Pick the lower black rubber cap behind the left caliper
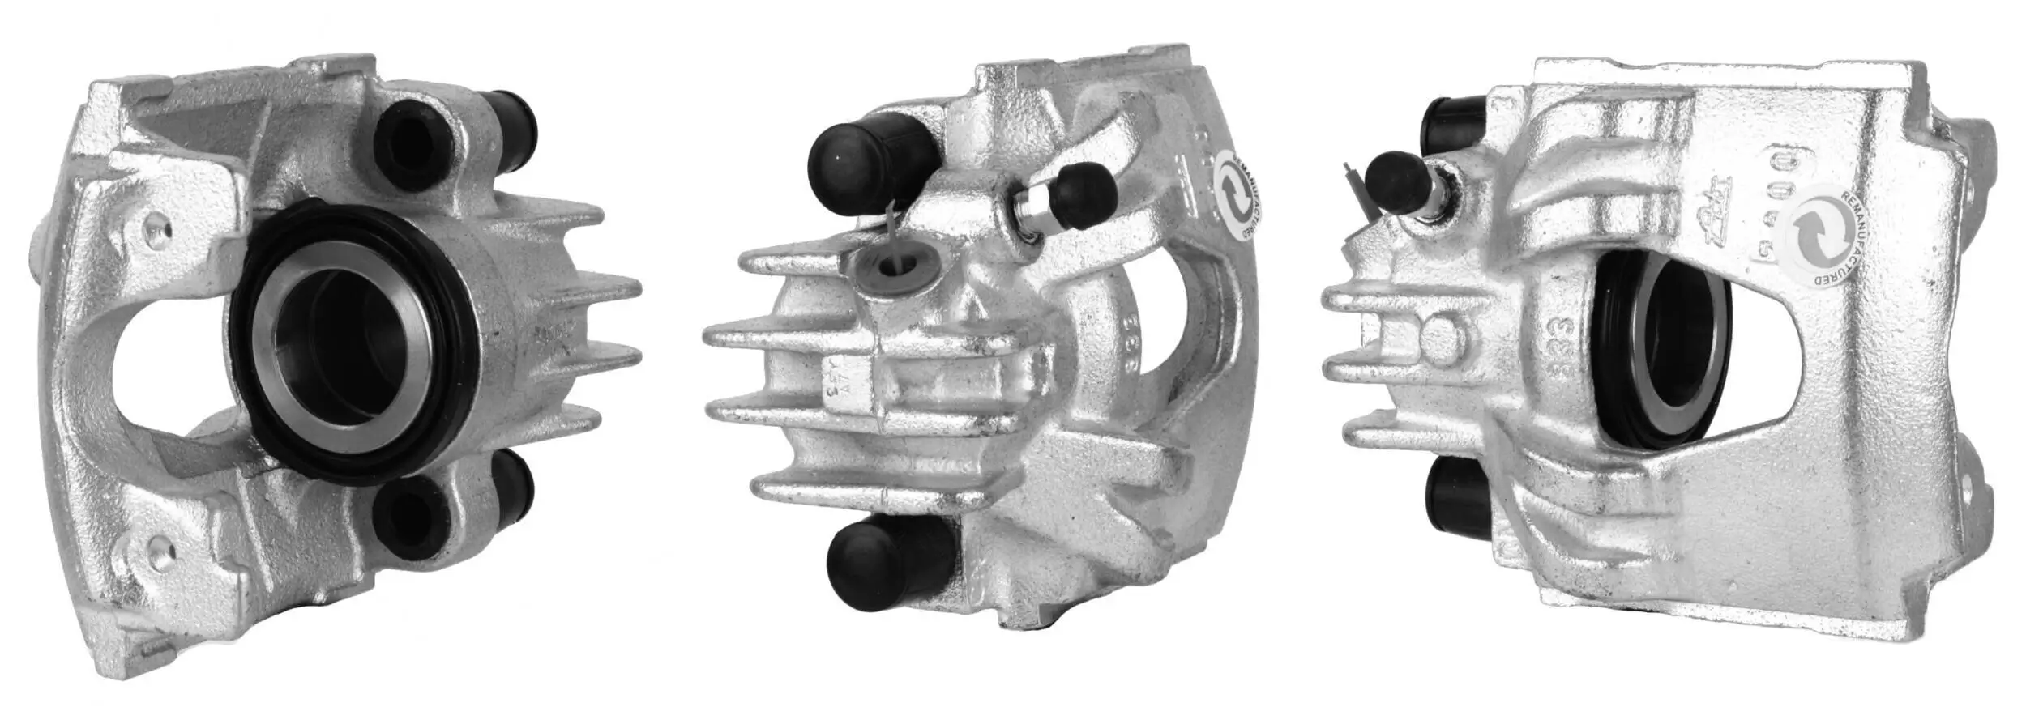[x=512, y=488]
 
